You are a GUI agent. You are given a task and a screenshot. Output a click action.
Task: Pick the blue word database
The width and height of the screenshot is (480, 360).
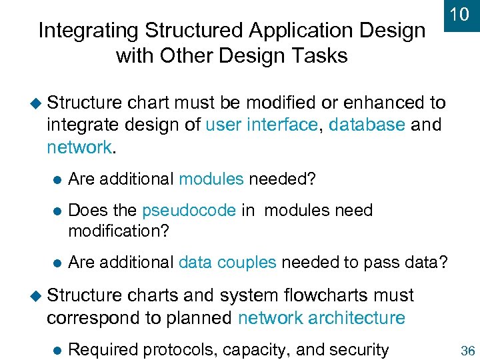[367, 125]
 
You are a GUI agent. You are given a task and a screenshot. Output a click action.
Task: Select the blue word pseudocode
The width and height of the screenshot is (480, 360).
[189, 211]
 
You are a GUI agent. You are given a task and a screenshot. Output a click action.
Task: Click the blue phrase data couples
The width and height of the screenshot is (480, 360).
[227, 262]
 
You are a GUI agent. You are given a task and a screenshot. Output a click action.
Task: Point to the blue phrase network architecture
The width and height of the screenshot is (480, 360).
[321, 317]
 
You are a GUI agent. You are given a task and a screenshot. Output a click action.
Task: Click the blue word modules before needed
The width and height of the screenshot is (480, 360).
[211, 179]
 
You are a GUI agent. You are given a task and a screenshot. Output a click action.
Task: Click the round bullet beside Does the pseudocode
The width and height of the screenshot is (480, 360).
[57, 211]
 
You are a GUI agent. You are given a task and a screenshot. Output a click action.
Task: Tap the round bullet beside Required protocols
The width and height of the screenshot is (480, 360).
[57, 350]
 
